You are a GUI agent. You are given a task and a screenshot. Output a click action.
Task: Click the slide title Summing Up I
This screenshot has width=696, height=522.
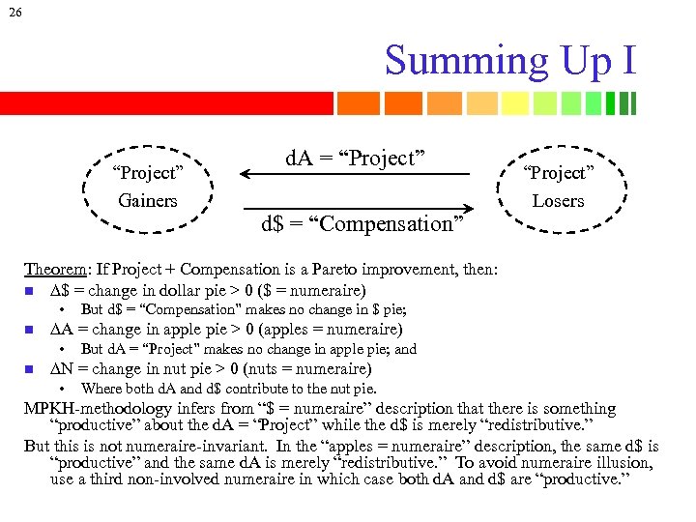(510, 60)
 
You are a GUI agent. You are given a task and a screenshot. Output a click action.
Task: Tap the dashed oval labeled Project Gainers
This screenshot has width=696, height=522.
(147, 187)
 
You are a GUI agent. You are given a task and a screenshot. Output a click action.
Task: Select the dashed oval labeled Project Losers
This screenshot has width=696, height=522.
(558, 187)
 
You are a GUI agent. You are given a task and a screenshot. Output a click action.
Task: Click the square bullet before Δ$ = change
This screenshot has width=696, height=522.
(31, 291)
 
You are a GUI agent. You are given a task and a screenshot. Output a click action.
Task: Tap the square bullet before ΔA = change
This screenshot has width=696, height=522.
(31, 330)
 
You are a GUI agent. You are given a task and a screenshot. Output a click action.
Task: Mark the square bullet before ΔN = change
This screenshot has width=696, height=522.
(31, 369)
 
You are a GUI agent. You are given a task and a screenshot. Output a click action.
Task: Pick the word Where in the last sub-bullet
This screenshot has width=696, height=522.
(101, 389)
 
